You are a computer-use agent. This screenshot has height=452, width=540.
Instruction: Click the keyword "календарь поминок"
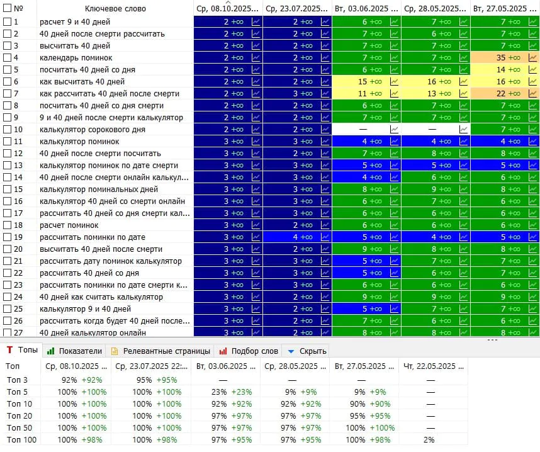[x=76, y=58]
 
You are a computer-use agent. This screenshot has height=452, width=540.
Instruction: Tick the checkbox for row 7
[x=7, y=94]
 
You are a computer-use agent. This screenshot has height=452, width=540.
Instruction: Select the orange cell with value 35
[x=505, y=58]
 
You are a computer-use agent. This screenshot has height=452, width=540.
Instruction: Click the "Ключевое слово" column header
[x=115, y=9]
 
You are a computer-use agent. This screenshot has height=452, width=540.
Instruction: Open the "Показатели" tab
[x=75, y=351]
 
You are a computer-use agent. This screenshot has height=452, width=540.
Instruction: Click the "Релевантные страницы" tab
[x=160, y=351]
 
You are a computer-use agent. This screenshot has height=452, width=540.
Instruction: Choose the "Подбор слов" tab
[x=249, y=351]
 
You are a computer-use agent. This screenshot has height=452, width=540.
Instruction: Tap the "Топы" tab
[x=22, y=351]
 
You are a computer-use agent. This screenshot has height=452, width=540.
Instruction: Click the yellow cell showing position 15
[x=366, y=82]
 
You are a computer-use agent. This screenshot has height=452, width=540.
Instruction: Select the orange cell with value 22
[x=505, y=94]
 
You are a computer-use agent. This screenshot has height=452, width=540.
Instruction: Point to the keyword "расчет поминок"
[x=69, y=225]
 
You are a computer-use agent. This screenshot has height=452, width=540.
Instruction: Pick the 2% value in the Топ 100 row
[x=429, y=440]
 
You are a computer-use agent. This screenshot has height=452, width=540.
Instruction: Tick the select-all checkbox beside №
[x=7, y=8]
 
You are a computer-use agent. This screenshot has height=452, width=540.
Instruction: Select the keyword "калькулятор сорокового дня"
[x=93, y=130]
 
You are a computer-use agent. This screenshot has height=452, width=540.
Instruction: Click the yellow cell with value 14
[x=505, y=70]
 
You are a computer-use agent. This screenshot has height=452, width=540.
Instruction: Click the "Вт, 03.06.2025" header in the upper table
[x=366, y=9]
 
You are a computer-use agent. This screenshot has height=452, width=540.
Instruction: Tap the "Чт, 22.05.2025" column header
[x=433, y=366]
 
